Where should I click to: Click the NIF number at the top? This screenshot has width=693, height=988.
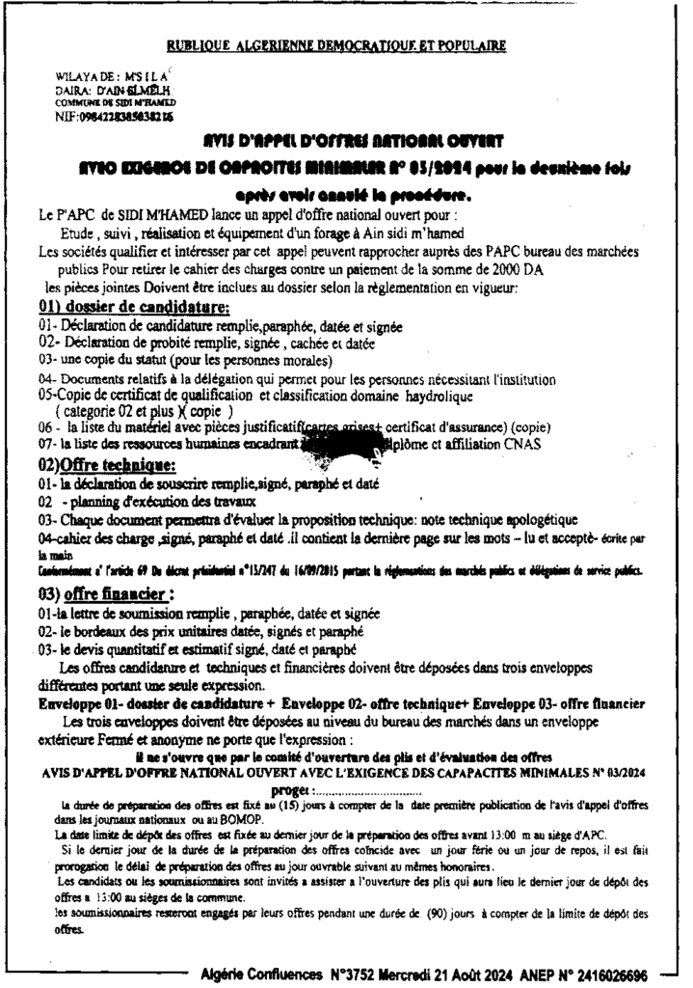115,115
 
